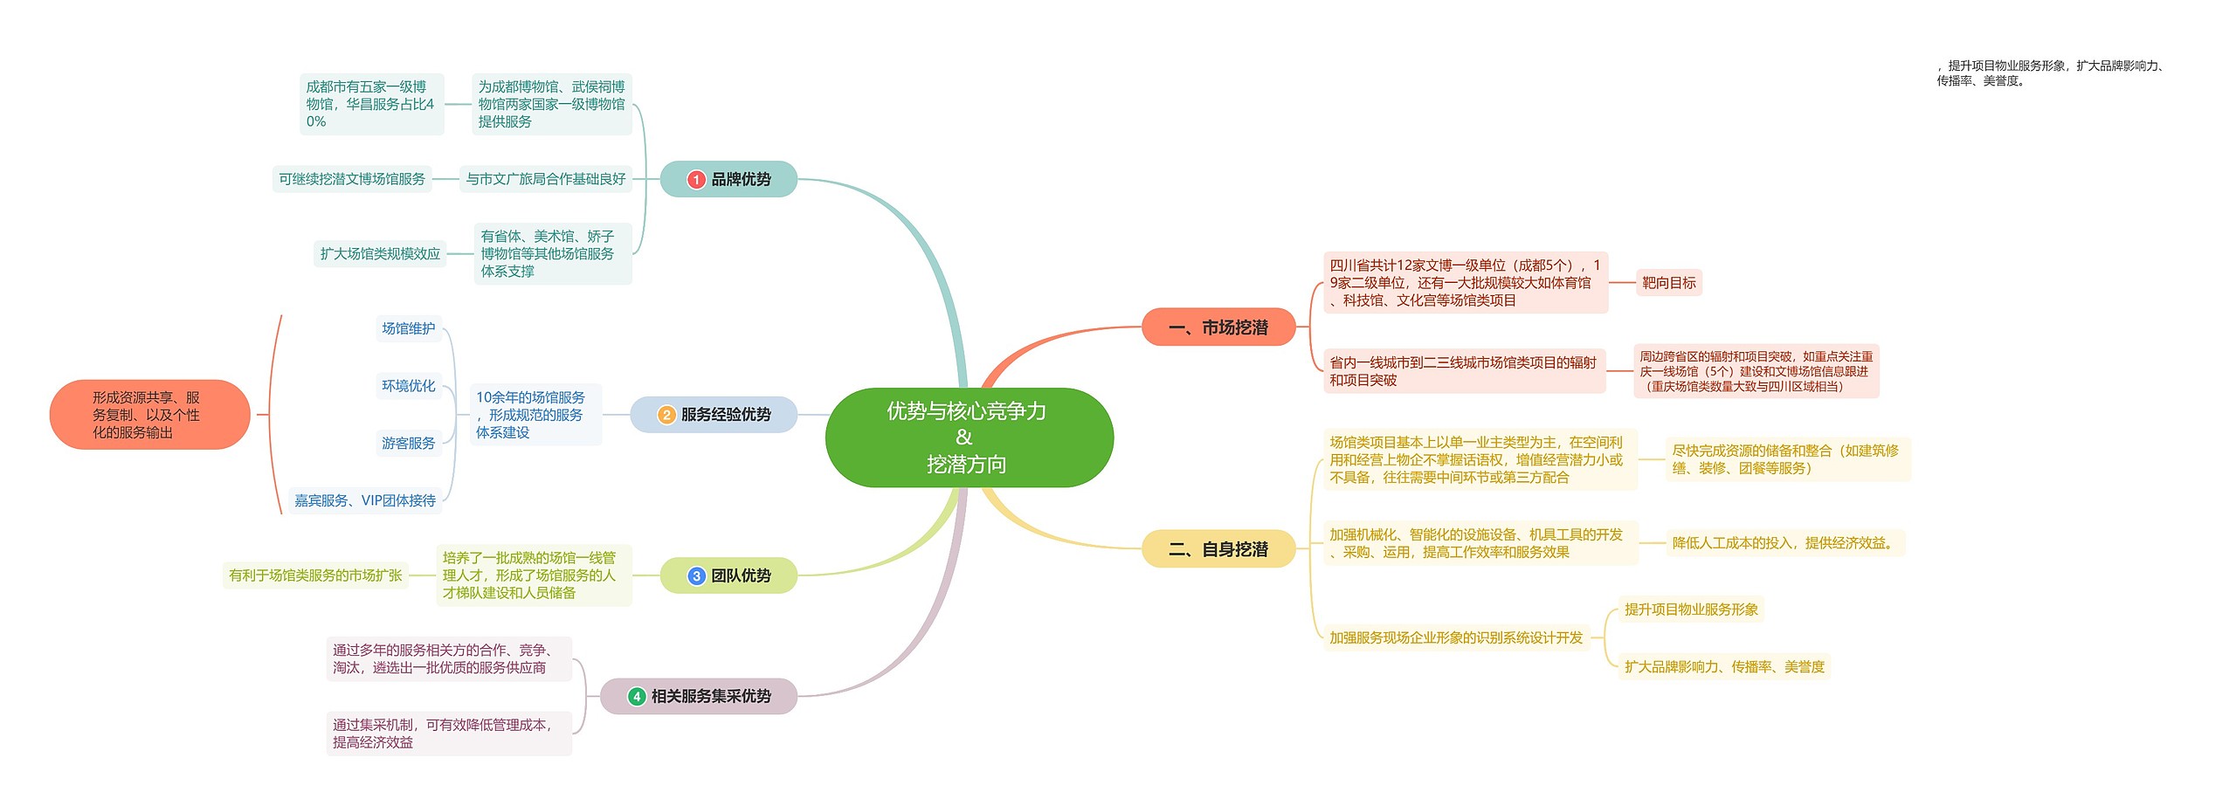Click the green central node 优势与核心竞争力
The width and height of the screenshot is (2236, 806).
pyautogui.click(x=968, y=437)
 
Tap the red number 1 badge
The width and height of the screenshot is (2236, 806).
pyautogui.click(x=696, y=179)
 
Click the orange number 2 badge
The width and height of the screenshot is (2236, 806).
pyautogui.click(x=666, y=415)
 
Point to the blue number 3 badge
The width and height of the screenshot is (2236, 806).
pyautogui.click(x=696, y=576)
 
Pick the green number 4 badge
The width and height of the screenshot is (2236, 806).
pyautogui.click(x=637, y=697)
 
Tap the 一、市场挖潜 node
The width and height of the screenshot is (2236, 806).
pyautogui.click(x=1218, y=327)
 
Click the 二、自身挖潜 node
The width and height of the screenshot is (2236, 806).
pyautogui.click(x=1218, y=549)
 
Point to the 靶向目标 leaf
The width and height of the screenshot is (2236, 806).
pyautogui.click(x=1668, y=283)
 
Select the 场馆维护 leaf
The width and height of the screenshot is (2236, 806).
pyautogui.click(x=408, y=328)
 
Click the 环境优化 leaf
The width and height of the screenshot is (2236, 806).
pyautogui.click(x=408, y=386)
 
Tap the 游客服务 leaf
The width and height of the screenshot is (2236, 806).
pyautogui.click(x=408, y=444)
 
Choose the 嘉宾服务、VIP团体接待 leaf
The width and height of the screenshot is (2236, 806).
pyautogui.click(x=364, y=500)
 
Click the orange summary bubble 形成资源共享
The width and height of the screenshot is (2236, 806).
pyautogui.click(x=148, y=415)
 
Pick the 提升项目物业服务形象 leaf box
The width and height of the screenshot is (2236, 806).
pyautogui.click(x=1691, y=610)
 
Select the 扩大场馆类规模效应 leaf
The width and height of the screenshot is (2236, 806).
pyautogui.click(x=380, y=254)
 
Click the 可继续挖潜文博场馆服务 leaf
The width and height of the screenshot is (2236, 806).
pyautogui.click(x=351, y=179)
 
